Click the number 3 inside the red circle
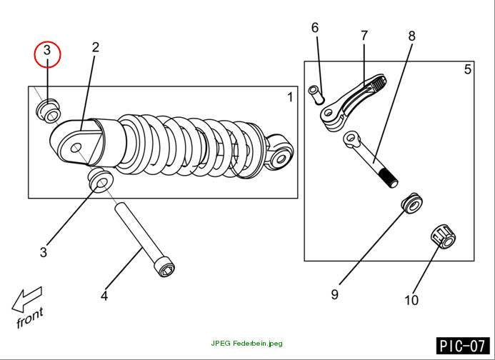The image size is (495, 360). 46,50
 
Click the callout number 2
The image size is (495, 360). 96,47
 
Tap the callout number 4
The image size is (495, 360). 104,296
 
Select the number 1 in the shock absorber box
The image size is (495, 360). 290,97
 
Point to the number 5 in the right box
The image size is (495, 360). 468,69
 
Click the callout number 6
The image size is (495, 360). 315,28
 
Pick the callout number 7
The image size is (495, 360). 364,36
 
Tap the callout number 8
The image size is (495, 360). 411,36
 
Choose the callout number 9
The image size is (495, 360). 334,294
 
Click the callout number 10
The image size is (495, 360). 411,300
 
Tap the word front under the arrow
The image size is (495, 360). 30,317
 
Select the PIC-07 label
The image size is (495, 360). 463,346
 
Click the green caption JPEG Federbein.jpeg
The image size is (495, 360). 247,344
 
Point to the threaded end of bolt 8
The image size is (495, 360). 389,179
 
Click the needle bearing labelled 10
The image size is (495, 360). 444,237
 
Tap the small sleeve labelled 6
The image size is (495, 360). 316,94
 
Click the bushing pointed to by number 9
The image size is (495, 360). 411,203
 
